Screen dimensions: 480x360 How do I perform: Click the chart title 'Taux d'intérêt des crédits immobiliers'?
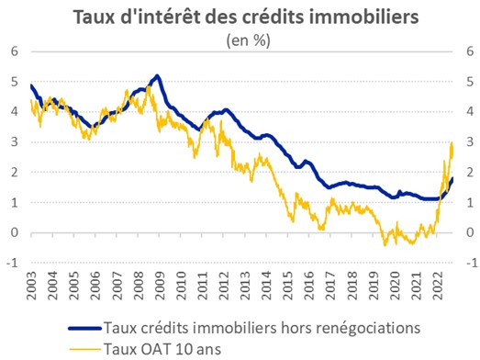[x=246, y=17]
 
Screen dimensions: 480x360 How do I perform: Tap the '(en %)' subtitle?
[x=248, y=40]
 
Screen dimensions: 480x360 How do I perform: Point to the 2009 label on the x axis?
[x=160, y=286]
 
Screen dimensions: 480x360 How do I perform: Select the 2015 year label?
[x=288, y=286]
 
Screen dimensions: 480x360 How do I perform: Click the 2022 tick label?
[x=438, y=286]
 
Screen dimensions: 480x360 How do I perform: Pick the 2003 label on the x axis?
[x=31, y=286]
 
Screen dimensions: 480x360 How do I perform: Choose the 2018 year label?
[x=352, y=286]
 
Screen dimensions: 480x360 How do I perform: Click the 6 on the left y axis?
[x=15, y=51]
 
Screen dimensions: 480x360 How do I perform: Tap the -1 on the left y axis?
[x=13, y=263]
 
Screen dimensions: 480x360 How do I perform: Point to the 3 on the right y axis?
[x=470, y=142]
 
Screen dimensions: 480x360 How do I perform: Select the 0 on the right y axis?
[x=470, y=232]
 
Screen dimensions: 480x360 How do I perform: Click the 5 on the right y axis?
[x=470, y=82]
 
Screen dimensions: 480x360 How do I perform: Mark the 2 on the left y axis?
[x=15, y=172]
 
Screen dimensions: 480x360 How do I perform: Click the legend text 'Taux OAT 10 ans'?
[x=162, y=349]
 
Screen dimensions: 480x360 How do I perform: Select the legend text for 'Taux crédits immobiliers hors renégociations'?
[x=262, y=328]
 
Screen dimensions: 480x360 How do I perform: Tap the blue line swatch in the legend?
[x=84, y=329]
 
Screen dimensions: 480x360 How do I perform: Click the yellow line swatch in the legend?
[x=84, y=349]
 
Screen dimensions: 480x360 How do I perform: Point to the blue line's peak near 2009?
[x=157, y=75]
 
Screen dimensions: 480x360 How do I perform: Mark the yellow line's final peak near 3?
[x=452, y=142]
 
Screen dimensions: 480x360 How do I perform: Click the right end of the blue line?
[x=452, y=178]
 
